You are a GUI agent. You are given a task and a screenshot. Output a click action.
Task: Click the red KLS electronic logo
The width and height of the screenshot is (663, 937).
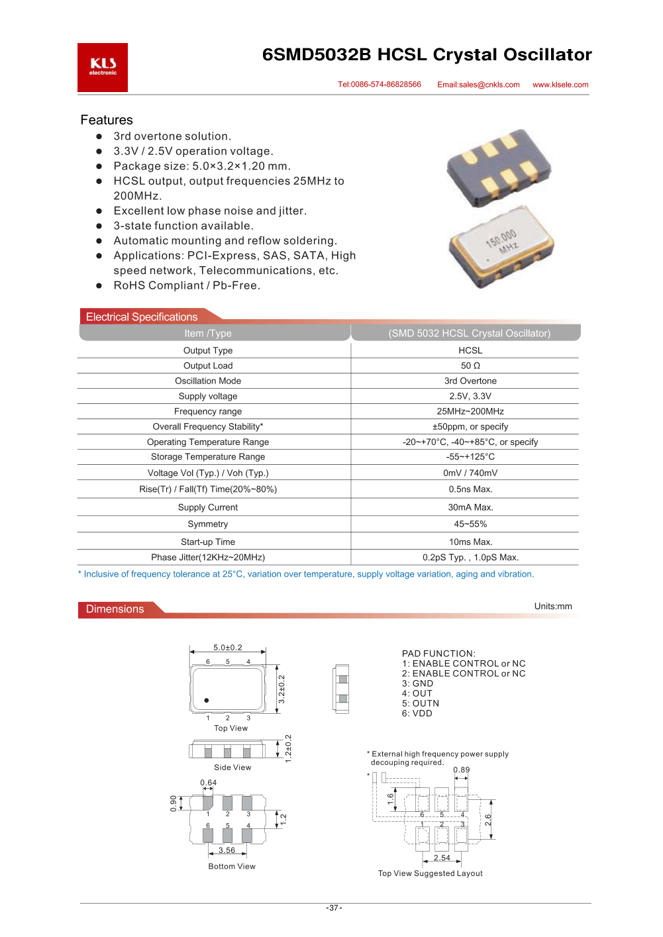click(x=103, y=68)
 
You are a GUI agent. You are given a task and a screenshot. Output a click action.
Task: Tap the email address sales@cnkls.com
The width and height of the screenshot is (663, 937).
click(x=478, y=85)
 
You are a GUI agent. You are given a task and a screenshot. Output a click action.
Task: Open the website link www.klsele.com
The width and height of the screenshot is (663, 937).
click(x=560, y=85)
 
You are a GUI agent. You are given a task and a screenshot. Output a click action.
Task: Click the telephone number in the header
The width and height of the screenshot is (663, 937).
click(x=380, y=85)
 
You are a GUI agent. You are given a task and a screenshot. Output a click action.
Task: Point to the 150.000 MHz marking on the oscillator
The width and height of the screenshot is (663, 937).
click(x=502, y=241)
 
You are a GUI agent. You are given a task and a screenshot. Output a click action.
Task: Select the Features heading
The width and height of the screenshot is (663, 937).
click(x=107, y=120)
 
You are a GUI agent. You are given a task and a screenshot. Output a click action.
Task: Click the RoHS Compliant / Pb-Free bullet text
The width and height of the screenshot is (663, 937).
click(x=187, y=285)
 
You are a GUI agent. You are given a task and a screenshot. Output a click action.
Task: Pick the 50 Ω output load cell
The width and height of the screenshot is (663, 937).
click(x=470, y=366)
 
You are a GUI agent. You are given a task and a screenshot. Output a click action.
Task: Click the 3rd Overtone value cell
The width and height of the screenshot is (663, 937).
click(x=470, y=381)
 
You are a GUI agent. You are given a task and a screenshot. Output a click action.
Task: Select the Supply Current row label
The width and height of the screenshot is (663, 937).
click(x=208, y=507)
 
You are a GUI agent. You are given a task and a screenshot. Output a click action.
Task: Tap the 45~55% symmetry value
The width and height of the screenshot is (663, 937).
click(x=470, y=524)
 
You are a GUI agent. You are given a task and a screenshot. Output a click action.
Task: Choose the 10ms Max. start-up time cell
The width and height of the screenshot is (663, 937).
click(x=470, y=542)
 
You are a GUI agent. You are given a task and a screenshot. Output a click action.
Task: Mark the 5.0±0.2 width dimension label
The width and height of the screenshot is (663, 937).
click(x=228, y=648)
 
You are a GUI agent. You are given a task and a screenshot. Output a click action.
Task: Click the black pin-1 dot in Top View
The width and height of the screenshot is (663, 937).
click(x=207, y=700)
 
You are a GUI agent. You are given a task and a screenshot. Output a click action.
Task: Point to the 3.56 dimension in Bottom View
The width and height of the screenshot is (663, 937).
click(x=227, y=850)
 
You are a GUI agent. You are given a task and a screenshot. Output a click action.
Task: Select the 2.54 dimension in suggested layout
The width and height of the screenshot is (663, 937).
click(x=442, y=858)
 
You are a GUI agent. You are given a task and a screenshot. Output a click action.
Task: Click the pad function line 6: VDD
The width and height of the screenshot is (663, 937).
click(x=417, y=713)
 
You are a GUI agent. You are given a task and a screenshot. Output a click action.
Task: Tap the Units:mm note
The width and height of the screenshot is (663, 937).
click(x=553, y=606)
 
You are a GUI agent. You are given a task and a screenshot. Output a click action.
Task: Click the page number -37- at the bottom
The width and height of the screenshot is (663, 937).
click(x=334, y=908)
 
